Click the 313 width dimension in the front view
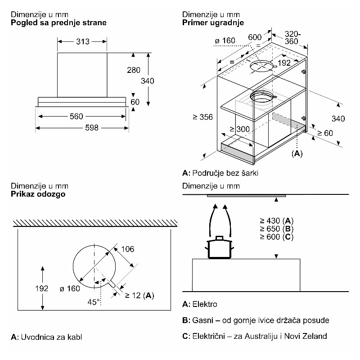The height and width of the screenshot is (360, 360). coord(83,42)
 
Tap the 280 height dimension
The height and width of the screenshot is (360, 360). coord(134,70)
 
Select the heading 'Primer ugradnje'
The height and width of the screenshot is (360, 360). coord(213,22)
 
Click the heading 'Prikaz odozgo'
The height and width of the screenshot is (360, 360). coord(39,194)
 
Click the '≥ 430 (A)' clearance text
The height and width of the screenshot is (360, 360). coord(276,220)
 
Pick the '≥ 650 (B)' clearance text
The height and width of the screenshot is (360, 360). coord(276,229)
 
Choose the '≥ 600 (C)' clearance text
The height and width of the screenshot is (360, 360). coord(276,237)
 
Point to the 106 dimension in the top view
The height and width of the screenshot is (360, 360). coord(128,249)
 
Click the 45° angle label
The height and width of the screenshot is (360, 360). coord(94,302)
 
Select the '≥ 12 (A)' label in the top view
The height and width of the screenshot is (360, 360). coord(139,295)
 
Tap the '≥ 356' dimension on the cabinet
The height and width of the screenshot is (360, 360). coord(202,117)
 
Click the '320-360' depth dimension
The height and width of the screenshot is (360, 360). coord(293,37)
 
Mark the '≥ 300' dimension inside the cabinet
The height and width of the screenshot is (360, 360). coord(240,129)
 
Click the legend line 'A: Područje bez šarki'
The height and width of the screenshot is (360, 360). coord(220,173)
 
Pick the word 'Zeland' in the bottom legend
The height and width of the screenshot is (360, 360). coord(315,336)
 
